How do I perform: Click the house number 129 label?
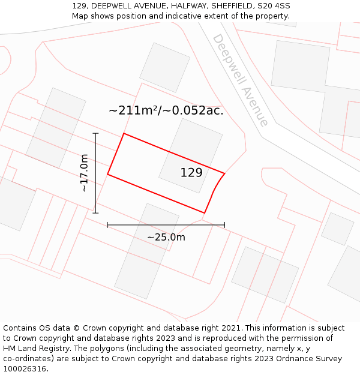click(x=191, y=173)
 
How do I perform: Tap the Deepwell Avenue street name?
click(x=240, y=80)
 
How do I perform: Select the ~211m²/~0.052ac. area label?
click(x=166, y=110)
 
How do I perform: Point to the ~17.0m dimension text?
click(x=84, y=173)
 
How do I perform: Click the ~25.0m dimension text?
click(x=166, y=237)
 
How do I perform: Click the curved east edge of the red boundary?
click(x=213, y=192)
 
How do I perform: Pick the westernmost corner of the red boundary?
click(x=108, y=174)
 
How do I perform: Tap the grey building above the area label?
click(x=165, y=67)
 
